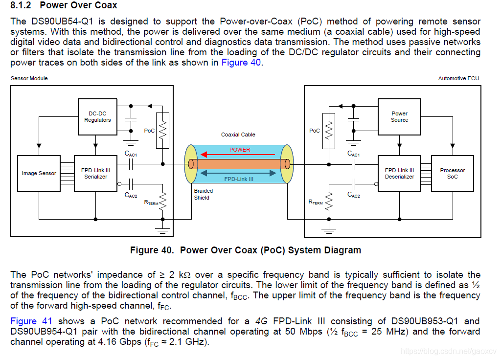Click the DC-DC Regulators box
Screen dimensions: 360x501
coord(97,117)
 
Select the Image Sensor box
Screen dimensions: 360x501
coord(39,174)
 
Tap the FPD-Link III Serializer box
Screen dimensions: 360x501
coord(95,174)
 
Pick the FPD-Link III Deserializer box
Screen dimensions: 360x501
coord(399,174)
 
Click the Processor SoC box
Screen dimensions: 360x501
coord(452,174)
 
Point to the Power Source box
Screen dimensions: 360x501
coord(399,117)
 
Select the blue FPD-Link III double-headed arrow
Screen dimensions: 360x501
coord(239,172)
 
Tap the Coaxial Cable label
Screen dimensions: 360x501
coord(238,135)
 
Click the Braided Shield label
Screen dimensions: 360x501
coord(202,195)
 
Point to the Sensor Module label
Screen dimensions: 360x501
coord(29,78)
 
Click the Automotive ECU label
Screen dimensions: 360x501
coord(458,78)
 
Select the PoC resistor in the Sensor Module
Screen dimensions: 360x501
coord(163,130)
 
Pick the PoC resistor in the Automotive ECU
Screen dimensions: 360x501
coord(329,131)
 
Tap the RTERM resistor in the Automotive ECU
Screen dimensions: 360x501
coord(329,200)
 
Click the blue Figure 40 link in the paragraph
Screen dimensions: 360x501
coord(241,63)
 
